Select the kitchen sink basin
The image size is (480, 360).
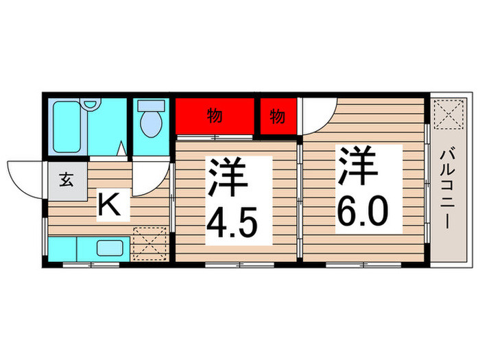click(109, 248)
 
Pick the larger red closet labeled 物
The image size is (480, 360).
click(215, 117)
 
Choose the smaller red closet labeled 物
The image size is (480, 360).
click(277, 117)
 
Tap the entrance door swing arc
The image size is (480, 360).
click(26, 177)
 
